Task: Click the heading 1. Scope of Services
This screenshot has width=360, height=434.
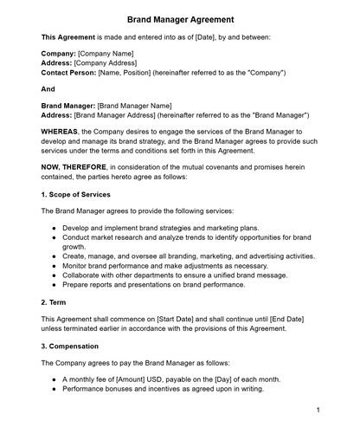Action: (75, 194)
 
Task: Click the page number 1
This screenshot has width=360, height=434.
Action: (318, 410)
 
